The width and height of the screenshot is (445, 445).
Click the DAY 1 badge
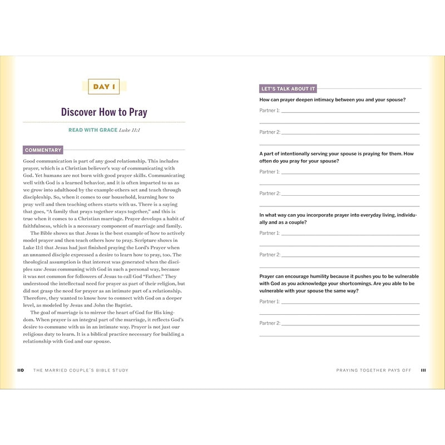coord(104,87)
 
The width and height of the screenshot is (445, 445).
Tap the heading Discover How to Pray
coord(104,112)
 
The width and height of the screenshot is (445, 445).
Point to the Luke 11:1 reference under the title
coord(130,130)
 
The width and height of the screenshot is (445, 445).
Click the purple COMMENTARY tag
coord(43,150)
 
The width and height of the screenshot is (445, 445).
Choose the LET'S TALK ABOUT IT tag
coord(288,88)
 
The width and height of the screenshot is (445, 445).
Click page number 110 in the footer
coord(21,370)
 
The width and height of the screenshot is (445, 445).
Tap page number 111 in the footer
coord(423,370)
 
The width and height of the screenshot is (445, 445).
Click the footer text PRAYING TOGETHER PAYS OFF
coord(374,370)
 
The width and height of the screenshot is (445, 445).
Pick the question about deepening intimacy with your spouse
coord(332,100)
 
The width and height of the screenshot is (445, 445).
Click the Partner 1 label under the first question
coord(270,111)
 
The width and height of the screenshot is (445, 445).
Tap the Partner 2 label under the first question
coord(270,132)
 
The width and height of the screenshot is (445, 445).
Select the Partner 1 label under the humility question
coord(270,301)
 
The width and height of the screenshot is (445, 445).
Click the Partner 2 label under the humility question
coord(270,323)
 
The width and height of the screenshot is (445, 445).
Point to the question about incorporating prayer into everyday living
coord(338,218)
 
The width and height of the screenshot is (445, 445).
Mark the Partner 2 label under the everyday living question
coord(270,255)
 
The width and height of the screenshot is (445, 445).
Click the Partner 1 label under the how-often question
coord(270,172)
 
